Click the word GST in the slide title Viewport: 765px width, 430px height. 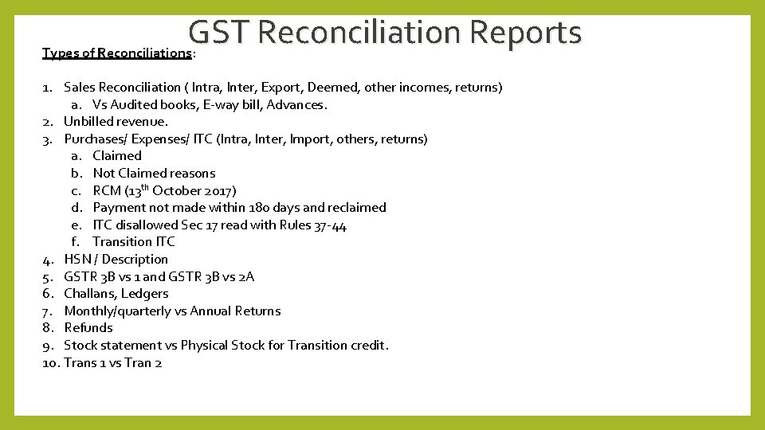point(219,33)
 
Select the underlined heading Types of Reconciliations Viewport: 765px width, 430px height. point(117,53)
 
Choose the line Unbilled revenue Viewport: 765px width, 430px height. point(116,122)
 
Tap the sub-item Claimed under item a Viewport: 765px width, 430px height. point(117,156)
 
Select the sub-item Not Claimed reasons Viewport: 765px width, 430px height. point(154,174)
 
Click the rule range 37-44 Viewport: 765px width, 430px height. point(330,225)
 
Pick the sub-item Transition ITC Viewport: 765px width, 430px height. point(133,242)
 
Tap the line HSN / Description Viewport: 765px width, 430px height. point(116,260)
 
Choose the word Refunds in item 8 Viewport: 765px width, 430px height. point(88,328)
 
